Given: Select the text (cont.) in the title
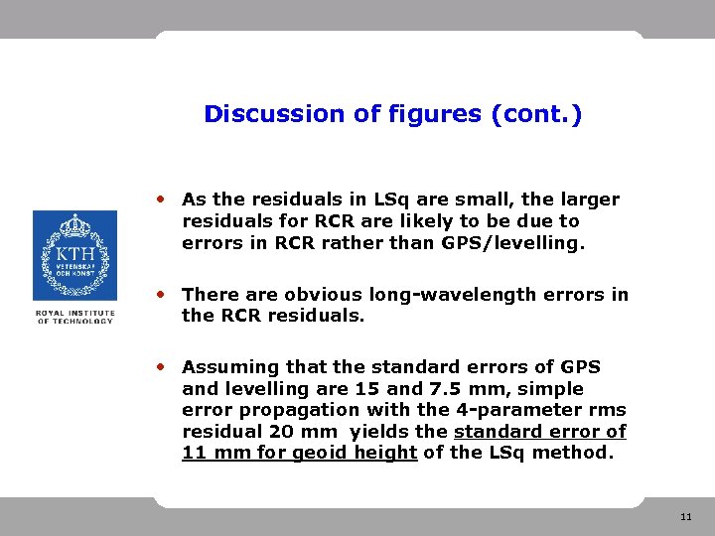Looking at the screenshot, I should [536, 114].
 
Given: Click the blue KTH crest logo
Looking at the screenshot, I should [74, 255].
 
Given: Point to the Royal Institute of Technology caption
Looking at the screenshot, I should [74, 317].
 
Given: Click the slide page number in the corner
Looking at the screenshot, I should [686, 517].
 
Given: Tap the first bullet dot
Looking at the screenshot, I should [162, 198].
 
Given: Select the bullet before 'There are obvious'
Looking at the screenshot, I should [162, 293].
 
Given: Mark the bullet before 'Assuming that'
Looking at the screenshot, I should [162, 365].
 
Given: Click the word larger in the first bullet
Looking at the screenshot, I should [587, 200].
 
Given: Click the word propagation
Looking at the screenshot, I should [286, 410].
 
